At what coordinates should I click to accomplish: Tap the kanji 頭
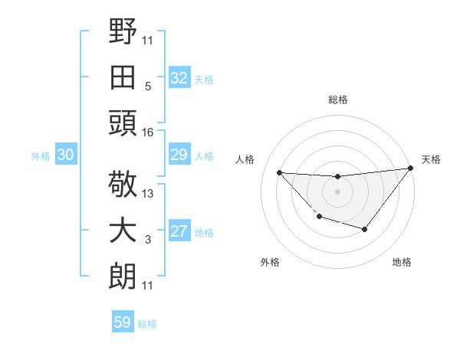[x=123, y=122]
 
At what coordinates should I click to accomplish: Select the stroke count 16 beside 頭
[x=147, y=133]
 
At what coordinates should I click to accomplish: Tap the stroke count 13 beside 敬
[x=148, y=194]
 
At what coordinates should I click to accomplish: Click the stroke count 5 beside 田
[x=147, y=87]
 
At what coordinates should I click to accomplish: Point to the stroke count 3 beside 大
[x=147, y=240]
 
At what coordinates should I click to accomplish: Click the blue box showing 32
[x=179, y=78]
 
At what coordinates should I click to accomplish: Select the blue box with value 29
[x=179, y=155]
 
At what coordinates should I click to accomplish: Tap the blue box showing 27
[x=179, y=232]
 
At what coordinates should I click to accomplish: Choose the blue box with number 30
[x=65, y=155]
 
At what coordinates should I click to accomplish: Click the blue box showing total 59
[x=123, y=322]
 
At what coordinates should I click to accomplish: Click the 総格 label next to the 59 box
[x=147, y=324]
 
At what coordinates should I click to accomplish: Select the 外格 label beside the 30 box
[x=41, y=156]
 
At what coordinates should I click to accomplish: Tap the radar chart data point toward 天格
[x=411, y=169]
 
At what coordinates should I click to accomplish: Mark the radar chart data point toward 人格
[x=280, y=172]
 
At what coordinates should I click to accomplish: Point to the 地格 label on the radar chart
[x=402, y=262]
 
